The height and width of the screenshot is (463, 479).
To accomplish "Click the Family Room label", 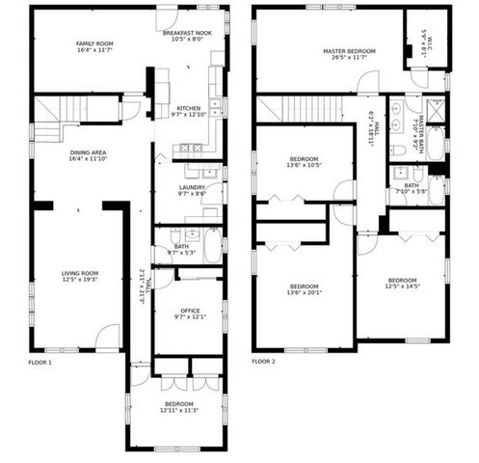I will click(x=95, y=43).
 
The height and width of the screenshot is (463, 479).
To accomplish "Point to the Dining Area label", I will click(x=88, y=152).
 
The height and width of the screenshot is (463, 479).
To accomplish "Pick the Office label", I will click(x=190, y=310).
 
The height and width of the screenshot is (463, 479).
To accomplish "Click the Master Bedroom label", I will click(x=348, y=51).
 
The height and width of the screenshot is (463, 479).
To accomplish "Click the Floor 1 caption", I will click(x=40, y=362).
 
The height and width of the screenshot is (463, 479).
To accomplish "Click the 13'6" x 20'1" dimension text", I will click(x=305, y=293).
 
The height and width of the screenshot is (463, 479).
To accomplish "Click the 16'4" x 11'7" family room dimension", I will click(x=95, y=50).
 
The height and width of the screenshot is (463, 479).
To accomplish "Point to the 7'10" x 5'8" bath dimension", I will click(x=412, y=192).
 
